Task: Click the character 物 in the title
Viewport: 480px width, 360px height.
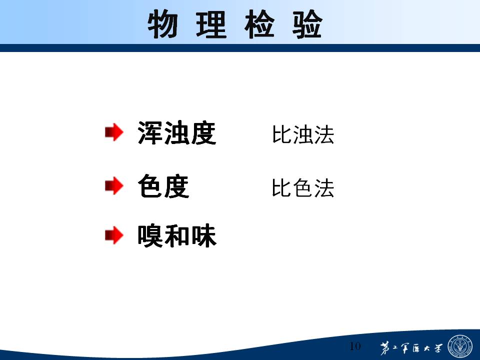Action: (x=162, y=24)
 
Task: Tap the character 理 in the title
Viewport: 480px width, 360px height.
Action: (x=211, y=24)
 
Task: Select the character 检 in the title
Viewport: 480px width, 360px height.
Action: (x=259, y=24)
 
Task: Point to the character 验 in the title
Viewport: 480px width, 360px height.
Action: (x=307, y=24)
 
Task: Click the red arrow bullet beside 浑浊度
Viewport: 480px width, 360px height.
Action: (x=114, y=132)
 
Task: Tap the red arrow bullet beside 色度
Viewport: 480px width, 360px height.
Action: (x=114, y=185)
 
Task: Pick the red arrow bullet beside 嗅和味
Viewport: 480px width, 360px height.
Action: (x=114, y=235)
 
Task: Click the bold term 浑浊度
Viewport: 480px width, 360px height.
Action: (x=177, y=133)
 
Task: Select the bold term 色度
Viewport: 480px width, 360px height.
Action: (x=163, y=186)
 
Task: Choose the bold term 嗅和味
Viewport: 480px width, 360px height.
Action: (x=177, y=235)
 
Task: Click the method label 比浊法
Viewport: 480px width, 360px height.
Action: (x=303, y=134)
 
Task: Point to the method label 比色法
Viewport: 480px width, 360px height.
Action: (x=303, y=188)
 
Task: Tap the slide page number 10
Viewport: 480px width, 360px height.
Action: (x=355, y=346)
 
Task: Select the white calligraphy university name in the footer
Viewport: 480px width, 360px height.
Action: (x=411, y=348)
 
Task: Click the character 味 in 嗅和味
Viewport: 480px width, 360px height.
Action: (x=204, y=235)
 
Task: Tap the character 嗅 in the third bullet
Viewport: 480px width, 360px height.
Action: (x=150, y=235)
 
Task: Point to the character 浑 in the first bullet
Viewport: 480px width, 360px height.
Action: (x=150, y=133)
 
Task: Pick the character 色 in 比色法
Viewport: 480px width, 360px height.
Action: (x=303, y=188)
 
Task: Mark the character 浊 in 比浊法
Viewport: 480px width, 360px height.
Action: (x=303, y=134)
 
